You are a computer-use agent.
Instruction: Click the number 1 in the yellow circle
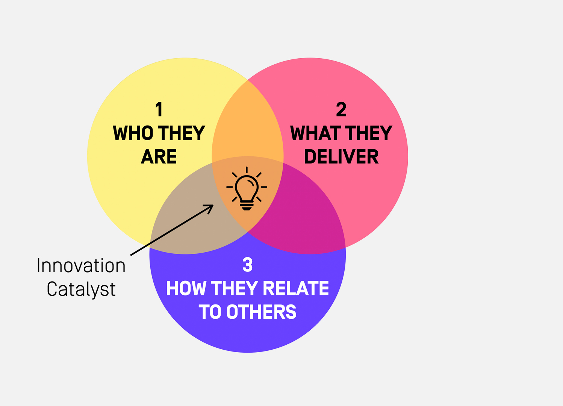click(x=159, y=109)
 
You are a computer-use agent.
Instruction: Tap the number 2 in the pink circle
click(x=341, y=109)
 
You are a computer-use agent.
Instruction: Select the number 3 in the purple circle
click(x=247, y=265)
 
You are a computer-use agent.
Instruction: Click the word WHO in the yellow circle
click(x=133, y=133)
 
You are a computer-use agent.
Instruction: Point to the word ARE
click(x=159, y=157)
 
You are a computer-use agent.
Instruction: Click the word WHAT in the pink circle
click(x=315, y=133)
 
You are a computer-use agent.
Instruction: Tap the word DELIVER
click(x=341, y=157)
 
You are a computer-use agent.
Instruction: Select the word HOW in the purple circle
click(x=186, y=289)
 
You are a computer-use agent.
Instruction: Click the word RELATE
click(x=296, y=289)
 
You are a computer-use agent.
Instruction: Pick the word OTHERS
click(x=261, y=312)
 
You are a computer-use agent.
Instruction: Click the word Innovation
click(x=81, y=266)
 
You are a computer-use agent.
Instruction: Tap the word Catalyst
click(x=81, y=289)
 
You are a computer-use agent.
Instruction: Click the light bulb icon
click(x=247, y=188)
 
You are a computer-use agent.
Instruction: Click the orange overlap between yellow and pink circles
click(x=247, y=124)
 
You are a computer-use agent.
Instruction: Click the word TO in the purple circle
click(x=210, y=312)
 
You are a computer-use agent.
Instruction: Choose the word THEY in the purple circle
click(x=234, y=289)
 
